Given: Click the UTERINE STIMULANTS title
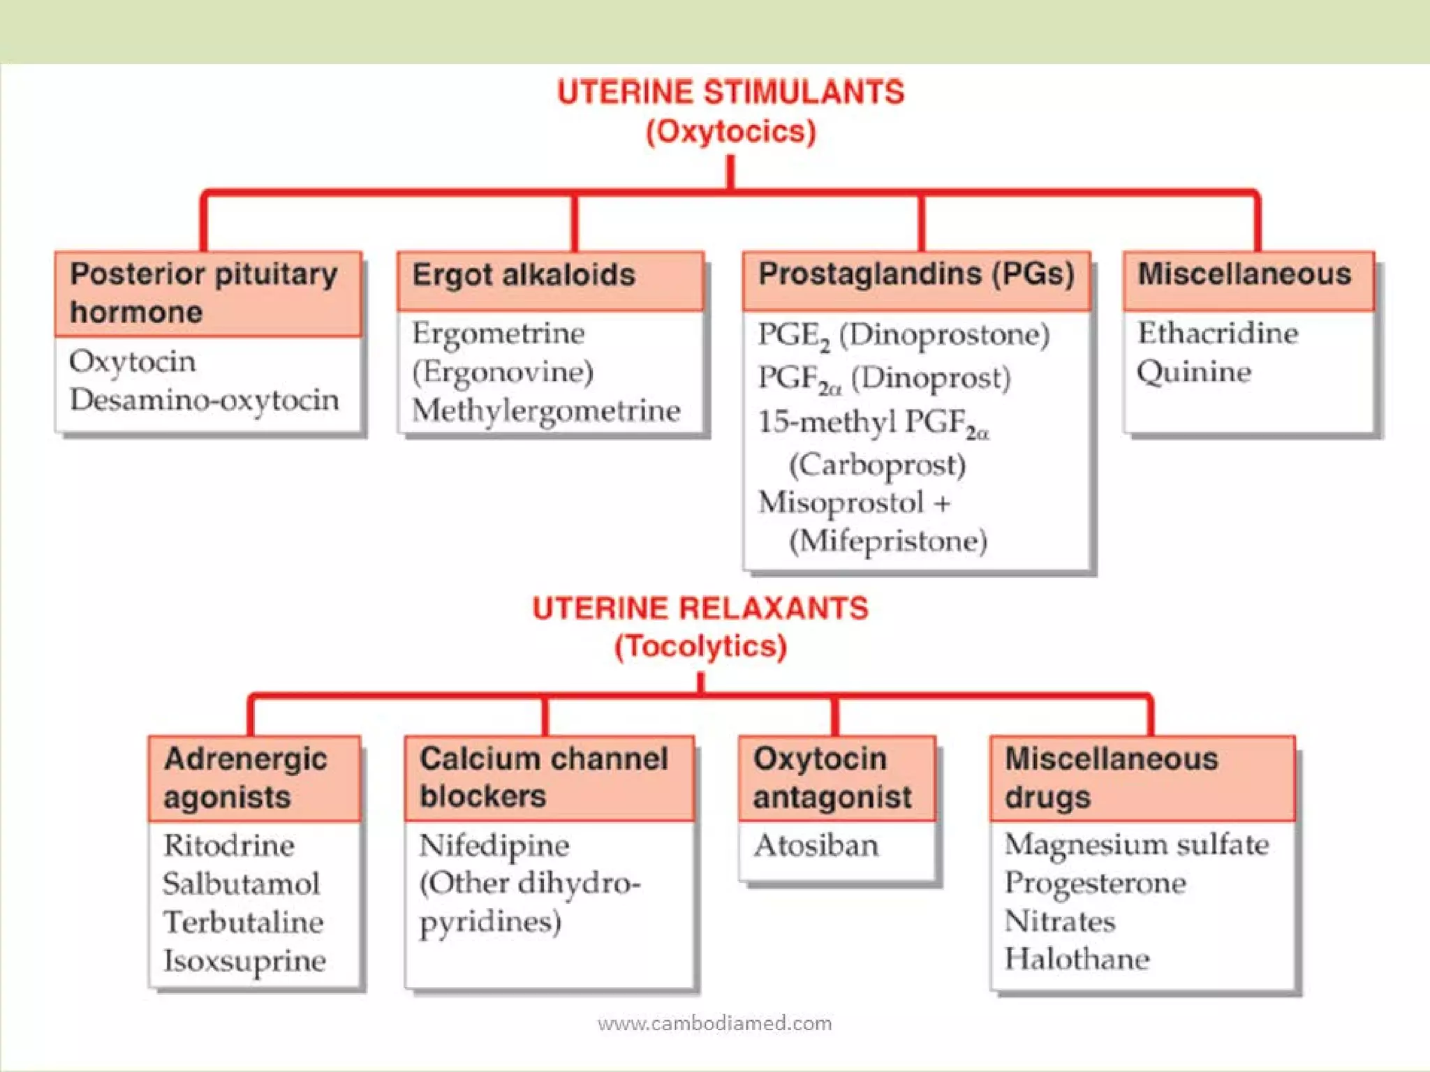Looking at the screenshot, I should (730, 93).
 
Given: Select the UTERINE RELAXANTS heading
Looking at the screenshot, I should (700, 609).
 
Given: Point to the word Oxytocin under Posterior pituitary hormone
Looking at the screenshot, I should (132, 362).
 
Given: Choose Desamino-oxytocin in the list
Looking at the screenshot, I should (205, 401).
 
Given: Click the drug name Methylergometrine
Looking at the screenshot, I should (546, 411).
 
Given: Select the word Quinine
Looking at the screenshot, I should (1194, 372).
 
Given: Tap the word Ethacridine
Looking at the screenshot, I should (1218, 333).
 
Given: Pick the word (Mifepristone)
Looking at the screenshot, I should (887, 542).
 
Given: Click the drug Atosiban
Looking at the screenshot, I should (816, 846).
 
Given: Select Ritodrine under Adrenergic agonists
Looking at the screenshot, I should (229, 846).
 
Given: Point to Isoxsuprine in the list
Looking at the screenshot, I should (244, 962).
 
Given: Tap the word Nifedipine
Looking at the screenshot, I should (494, 846).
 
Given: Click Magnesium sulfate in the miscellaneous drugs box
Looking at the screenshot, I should (1136, 845).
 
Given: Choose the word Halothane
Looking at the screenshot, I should (1077, 960).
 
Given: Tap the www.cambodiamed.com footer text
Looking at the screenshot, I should (714, 1024).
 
